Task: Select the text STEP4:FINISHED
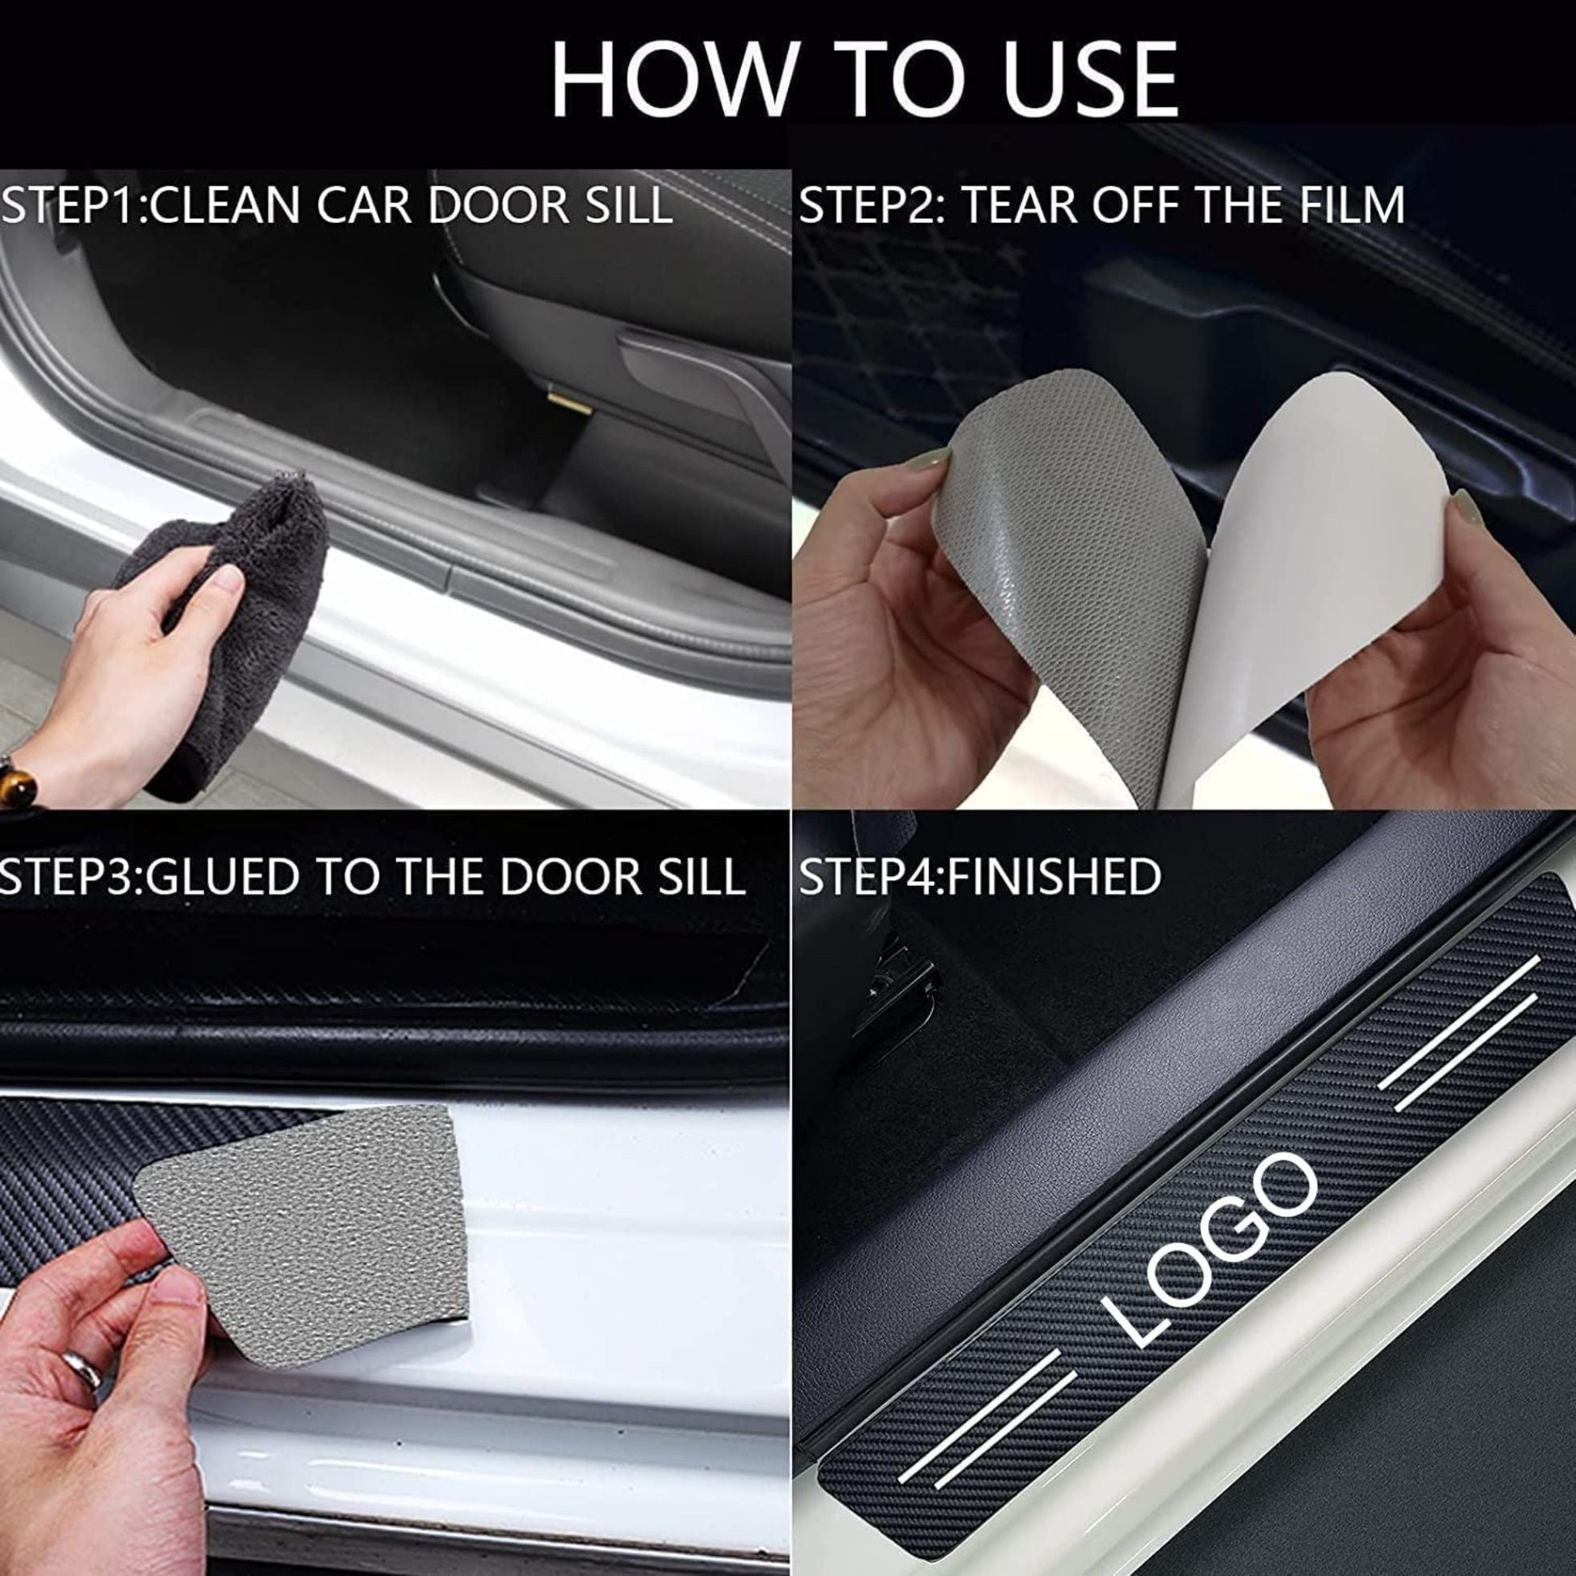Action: click(979, 876)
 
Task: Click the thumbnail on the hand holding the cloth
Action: click(231, 580)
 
